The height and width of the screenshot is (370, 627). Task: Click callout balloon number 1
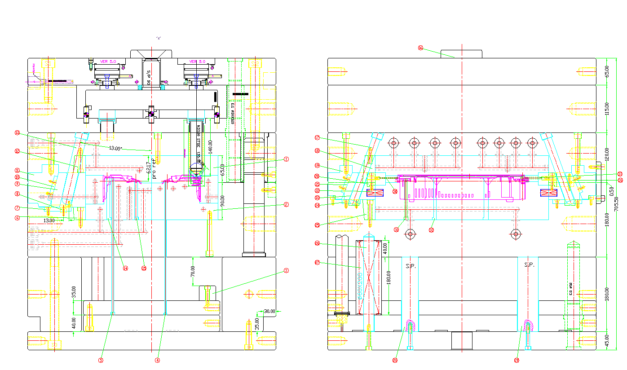[x=286, y=159]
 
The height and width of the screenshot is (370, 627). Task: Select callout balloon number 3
[x=286, y=271]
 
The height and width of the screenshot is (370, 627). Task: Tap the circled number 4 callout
[x=157, y=360]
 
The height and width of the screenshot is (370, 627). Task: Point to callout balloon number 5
[x=101, y=360]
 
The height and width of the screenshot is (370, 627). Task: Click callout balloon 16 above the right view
[x=420, y=48]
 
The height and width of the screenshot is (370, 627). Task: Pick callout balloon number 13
[x=18, y=133]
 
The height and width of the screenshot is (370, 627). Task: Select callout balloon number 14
[x=126, y=269]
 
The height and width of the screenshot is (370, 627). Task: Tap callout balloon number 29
[x=517, y=360]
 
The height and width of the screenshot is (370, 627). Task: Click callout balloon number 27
[x=317, y=264]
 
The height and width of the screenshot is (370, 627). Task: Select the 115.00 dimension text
[x=607, y=108]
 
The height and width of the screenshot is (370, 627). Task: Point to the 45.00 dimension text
[x=607, y=341]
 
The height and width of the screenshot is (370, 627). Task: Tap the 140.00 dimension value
[x=210, y=147]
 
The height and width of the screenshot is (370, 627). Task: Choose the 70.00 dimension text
[x=193, y=271]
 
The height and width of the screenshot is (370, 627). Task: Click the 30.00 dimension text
[x=269, y=311]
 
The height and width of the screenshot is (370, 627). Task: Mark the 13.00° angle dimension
[x=115, y=148]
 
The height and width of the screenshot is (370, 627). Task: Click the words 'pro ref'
[x=154, y=168]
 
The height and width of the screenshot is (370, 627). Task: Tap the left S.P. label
[x=411, y=266]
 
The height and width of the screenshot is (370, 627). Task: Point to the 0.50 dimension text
[x=611, y=190]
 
